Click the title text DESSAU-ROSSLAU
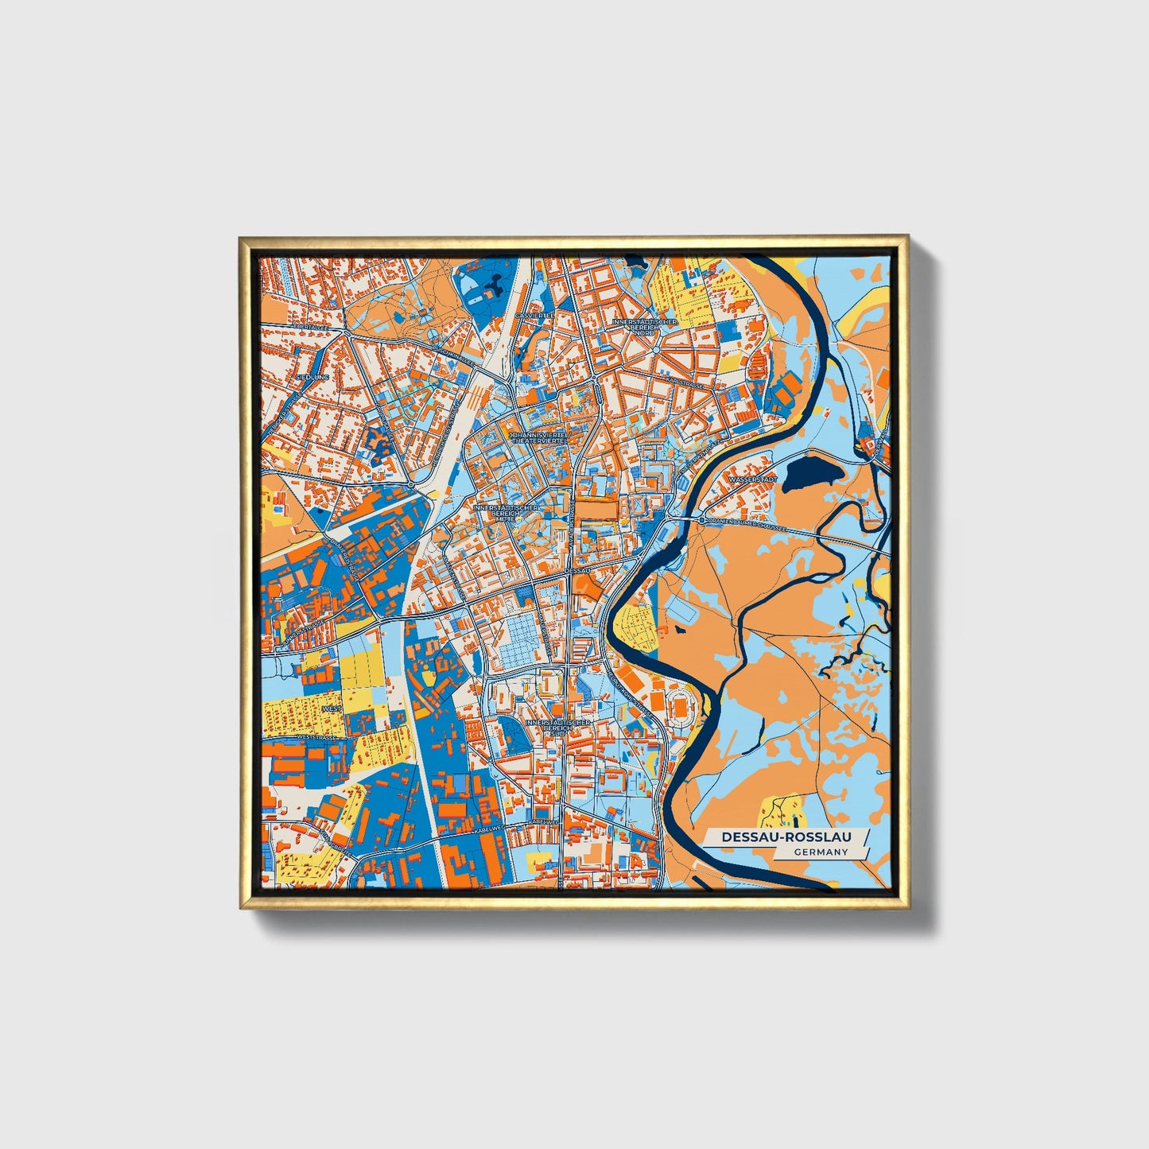[785, 837]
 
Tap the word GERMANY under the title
[821, 852]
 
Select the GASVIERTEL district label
[534, 316]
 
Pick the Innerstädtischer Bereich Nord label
[645, 327]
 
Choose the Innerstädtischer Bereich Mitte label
[506, 513]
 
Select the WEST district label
[331, 708]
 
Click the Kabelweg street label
[487, 829]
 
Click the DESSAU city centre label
[578, 570]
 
